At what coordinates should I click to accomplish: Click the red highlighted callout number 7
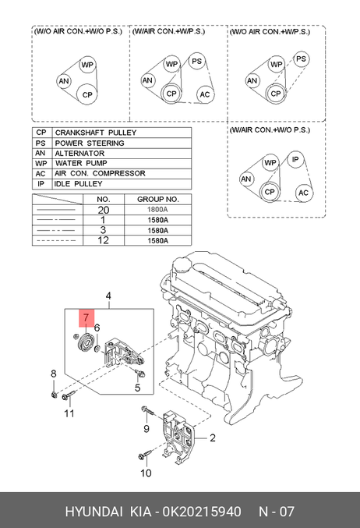click(86, 318)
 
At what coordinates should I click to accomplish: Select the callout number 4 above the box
click(108, 296)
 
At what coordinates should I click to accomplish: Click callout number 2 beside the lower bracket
click(212, 438)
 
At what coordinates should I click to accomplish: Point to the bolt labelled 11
click(69, 395)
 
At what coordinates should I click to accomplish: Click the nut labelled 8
click(54, 395)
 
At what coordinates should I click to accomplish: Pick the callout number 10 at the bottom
click(146, 473)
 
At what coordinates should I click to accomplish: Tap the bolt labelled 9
click(147, 411)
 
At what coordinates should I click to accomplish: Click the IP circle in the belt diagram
click(295, 159)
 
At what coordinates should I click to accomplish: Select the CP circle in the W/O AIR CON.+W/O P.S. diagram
click(86, 94)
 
